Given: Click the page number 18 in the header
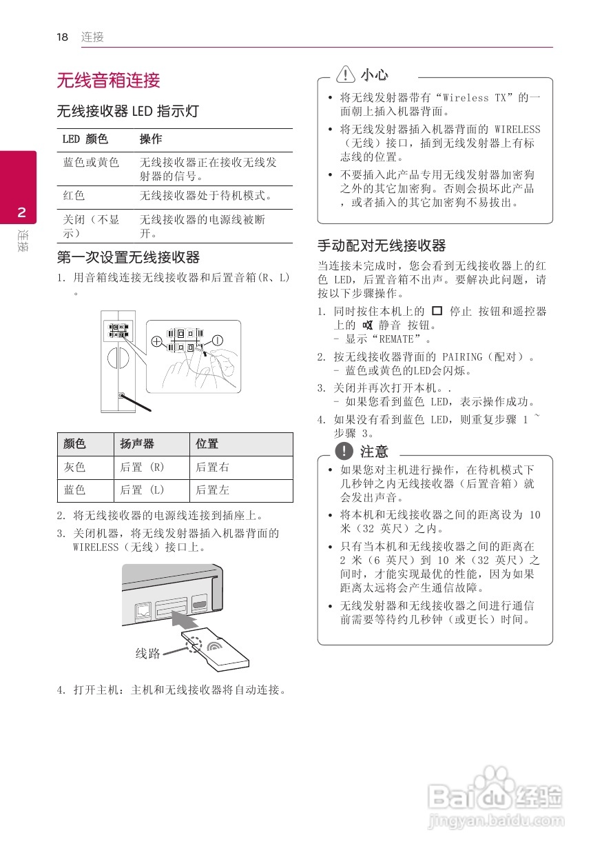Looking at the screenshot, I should click(x=62, y=37).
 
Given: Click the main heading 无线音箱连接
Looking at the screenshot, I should click(x=108, y=81).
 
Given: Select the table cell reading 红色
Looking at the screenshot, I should click(x=74, y=196).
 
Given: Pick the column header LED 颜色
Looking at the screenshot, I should click(x=85, y=139).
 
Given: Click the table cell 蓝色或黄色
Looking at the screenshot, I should click(x=91, y=162).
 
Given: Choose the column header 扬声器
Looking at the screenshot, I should click(x=137, y=444).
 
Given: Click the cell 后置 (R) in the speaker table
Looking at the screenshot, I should click(x=143, y=467).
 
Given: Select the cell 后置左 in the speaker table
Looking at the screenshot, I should click(x=213, y=490).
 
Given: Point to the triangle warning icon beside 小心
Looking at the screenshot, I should click(x=345, y=74).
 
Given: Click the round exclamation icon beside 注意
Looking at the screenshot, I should click(x=343, y=452).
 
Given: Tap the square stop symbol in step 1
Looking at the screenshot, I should click(x=436, y=311).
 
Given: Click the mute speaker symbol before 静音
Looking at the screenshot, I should click(x=367, y=325).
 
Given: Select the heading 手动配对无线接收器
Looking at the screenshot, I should click(x=382, y=245).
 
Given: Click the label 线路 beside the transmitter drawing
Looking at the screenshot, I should click(x=147, y=653).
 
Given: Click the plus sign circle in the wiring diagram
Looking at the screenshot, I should click(x=157, y=341).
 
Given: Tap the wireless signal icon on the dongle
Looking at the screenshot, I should click(x=214, y=647).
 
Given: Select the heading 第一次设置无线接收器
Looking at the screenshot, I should click(x=128, y=258).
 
